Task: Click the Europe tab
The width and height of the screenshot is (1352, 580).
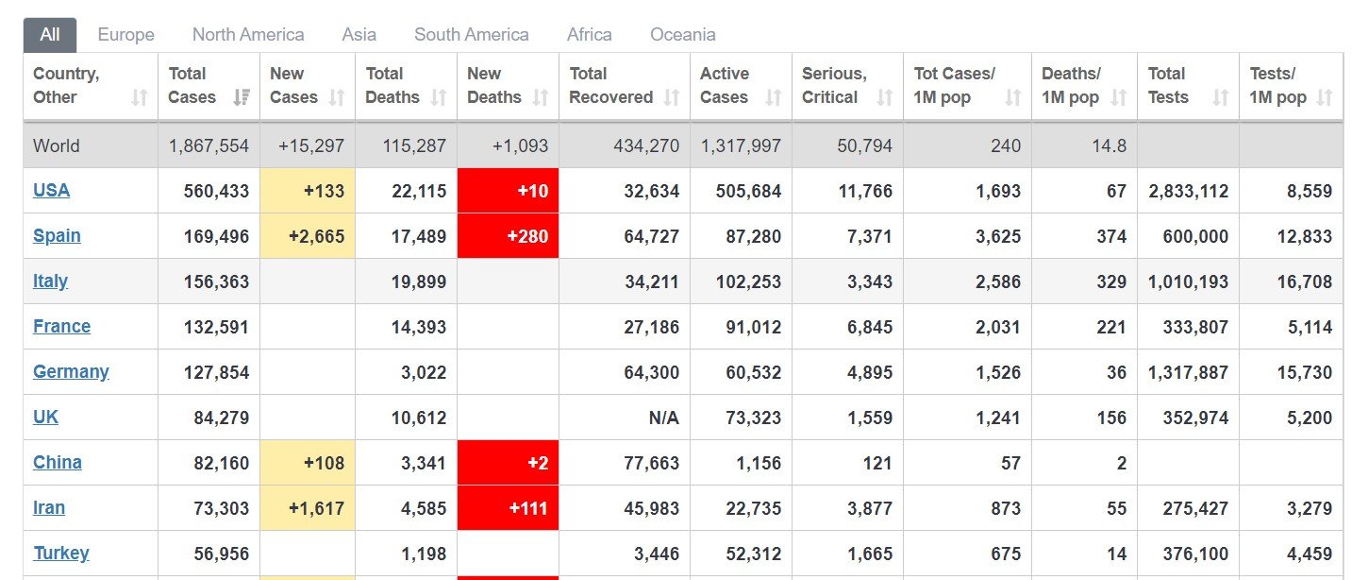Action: click(125, 34)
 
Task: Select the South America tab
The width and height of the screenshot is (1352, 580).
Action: click(471, 34)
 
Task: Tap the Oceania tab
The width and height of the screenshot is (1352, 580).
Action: click(683, 34)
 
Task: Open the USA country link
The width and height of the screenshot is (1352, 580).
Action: click(51, 190)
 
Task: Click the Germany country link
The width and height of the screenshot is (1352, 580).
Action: click(71, 371)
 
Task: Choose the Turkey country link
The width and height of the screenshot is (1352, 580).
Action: click(61, 553)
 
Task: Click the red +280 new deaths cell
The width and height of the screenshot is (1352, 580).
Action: click(508, 235)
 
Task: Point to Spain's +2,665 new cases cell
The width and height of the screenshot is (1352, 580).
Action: click(308, 235)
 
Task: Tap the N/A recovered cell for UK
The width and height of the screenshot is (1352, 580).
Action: click(664, 418)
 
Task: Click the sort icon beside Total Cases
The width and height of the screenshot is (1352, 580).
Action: click(242, 97)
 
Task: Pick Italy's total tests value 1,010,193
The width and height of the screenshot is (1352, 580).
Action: click(1188, 281)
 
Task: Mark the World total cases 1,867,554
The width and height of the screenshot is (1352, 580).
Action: click(209, 145)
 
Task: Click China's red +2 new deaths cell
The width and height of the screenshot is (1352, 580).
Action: click(508, 463)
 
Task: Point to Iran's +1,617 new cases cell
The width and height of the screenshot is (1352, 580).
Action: click(308, 508)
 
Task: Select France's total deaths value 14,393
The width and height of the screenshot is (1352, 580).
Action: click(418, 327)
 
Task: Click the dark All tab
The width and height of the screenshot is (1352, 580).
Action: click(50, 35)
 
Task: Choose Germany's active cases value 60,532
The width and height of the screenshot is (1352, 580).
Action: click(753, 372)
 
